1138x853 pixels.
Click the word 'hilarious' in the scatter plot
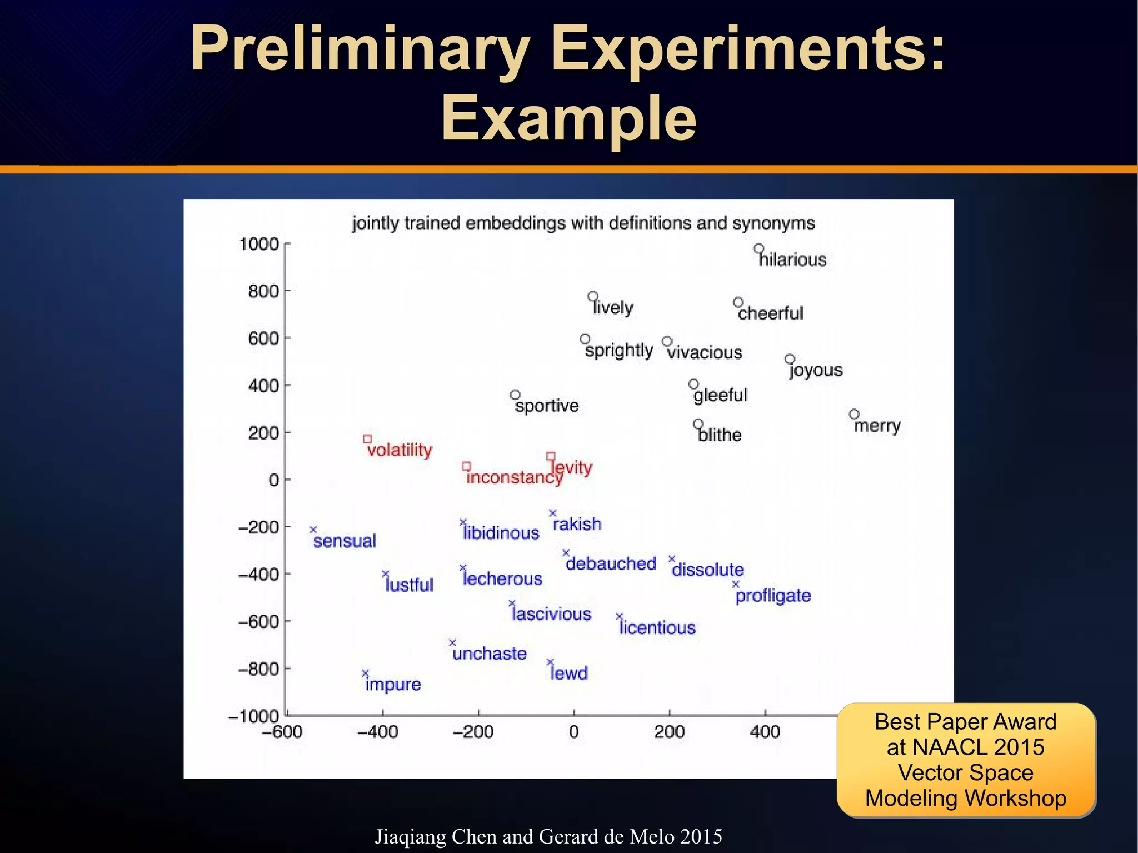(x=793, y=260)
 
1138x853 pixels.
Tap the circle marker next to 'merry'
(x=854, y=414)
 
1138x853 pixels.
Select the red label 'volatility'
(x=400, y=450)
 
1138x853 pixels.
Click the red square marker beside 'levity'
(x=551, y=456)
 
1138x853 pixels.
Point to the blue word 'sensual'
(x=345, y=541)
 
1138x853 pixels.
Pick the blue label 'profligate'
(x=773, y=596)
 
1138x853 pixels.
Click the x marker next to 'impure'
(x=365, y=674)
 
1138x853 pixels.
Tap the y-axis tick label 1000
(x=258, y=244)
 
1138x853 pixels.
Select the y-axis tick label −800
(x=258, y=669)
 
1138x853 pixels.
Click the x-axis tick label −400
(x=377, y=732)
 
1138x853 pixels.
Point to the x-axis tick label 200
(x=669, y=732)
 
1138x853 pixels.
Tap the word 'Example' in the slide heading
(x=568, y=118)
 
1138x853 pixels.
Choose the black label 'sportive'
(x=547, y=406)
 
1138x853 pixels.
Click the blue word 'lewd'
(x=569, y=673)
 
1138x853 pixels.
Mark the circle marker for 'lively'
(x=593, y=296)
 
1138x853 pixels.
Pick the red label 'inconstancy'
(x=514, y=477)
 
